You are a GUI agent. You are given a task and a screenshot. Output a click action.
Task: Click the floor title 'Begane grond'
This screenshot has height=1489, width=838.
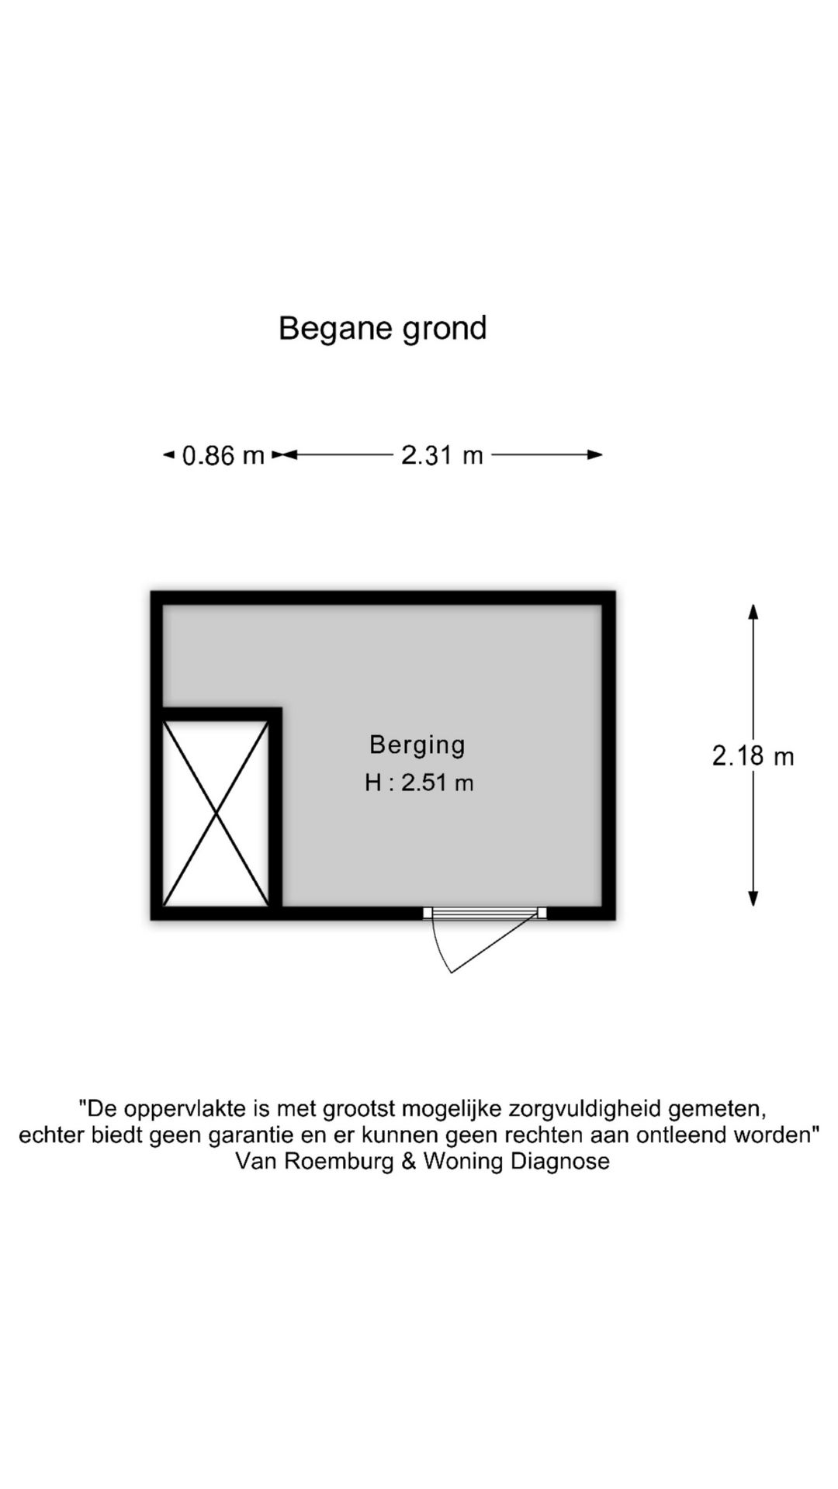point(383,329)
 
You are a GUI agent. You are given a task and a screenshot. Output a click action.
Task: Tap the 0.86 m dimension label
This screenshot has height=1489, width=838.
point(223,455)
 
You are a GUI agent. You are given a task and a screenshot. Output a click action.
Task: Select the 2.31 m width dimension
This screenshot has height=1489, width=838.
point(442,454)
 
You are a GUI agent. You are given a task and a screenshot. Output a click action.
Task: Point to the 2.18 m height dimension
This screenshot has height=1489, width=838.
point(753,755)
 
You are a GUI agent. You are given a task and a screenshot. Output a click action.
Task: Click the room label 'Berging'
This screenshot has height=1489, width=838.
point(417,744)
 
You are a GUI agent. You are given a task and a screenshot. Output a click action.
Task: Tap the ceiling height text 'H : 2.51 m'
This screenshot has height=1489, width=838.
point(419,783)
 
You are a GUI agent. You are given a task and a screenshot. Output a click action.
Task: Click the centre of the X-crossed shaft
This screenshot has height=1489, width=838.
point(216,813)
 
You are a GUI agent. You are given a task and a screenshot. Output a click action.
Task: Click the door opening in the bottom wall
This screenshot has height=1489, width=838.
point(485,913)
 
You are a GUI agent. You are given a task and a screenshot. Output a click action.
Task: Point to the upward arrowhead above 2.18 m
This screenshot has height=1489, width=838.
point(753,611)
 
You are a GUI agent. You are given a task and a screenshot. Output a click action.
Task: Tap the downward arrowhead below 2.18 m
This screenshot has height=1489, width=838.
point(753,898)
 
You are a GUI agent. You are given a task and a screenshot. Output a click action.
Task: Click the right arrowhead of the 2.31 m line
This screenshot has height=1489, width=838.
point(595,454)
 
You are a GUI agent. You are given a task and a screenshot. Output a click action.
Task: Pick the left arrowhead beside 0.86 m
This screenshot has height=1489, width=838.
point(168,454)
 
